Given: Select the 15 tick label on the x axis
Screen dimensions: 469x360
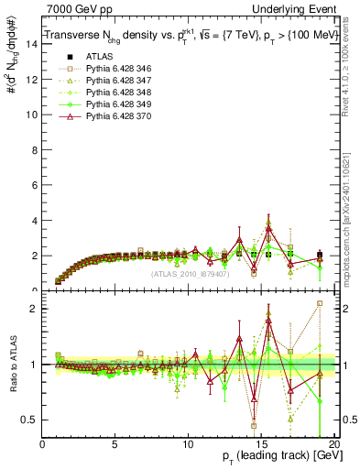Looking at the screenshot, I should pyautogui.click(x=262, y=443).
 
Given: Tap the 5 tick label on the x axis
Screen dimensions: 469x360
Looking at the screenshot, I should pyautogui.click(x=115, y=443).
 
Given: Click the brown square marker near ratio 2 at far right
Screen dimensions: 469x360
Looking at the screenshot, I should pyautogui.click(x=320, y=303).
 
